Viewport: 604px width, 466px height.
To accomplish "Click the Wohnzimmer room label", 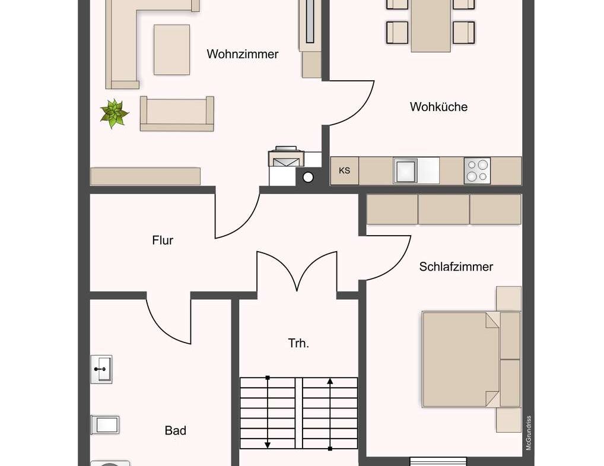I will [242, 54].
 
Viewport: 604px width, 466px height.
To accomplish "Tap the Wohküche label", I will [438, 107].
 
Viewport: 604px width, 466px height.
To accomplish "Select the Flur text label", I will [163, 240].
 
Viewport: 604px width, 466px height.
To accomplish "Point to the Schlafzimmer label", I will [456, 267].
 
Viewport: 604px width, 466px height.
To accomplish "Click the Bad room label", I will [175, 430].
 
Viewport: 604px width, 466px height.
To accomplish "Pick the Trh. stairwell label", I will [298, 343].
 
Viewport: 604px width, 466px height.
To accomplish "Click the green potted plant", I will [114, 113].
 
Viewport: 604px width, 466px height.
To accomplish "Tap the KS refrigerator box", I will [344, 171].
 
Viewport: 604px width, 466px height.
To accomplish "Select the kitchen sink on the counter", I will [406, 171].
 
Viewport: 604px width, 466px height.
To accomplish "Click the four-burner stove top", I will [477, 171].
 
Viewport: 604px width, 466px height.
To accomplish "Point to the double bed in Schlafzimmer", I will [462, 359].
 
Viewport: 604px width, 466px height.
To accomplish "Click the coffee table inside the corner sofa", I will [171, 50].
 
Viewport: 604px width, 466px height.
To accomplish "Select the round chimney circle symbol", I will [308, 177].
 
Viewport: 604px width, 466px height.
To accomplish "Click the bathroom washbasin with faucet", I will [101, 369].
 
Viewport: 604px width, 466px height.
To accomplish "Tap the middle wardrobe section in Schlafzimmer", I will [444, 209].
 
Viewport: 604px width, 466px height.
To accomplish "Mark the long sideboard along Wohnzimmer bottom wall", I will [145, 176].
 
